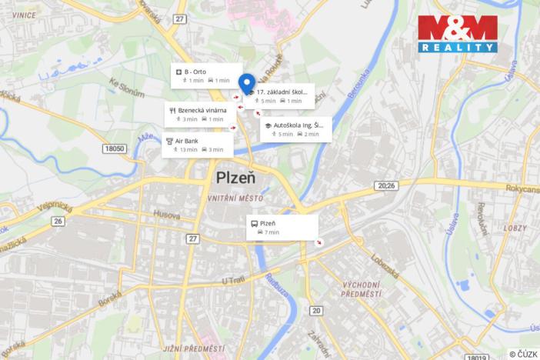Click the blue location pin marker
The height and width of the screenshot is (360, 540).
pos(247,82)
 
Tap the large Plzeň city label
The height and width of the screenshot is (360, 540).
pos(236,178)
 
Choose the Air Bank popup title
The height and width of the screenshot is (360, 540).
pos(187,141)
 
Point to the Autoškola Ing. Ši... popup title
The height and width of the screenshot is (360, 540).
pos(298,125)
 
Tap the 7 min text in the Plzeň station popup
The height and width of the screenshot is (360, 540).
pos(272,232)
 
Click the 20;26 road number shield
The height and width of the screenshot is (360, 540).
pos(386,185)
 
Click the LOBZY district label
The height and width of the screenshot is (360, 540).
pos(515,228)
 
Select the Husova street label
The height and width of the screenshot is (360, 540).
pos(166,215)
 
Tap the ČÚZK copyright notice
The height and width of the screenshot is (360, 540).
pos(523,353)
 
